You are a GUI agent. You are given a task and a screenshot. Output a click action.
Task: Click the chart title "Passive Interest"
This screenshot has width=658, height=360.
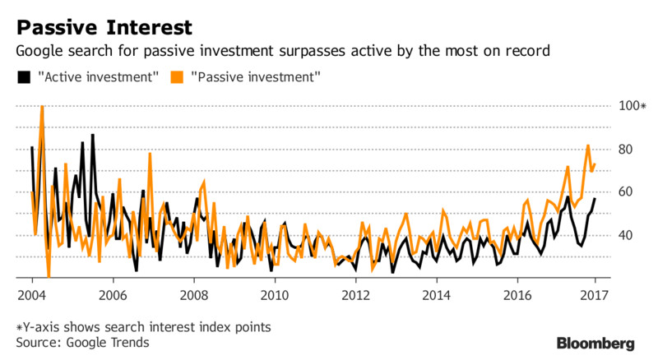pyautogui.click(x=104, y=28)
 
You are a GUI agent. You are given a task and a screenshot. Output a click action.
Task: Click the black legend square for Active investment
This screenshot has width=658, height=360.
pyautogui.click(x=24, y=77)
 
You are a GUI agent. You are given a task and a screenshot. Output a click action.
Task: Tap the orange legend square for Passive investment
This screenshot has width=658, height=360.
pyautogui.click(x=177, y=77)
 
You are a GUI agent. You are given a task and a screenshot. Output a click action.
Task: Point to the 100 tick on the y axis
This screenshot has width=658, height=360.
pyautogui.click(x=628, y=106)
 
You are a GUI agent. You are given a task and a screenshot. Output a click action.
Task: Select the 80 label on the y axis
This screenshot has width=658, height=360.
pyautogui.click(x=625, y=150)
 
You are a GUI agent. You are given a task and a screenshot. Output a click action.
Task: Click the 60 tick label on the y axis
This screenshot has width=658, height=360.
pyautogui.click(x=625, y=192)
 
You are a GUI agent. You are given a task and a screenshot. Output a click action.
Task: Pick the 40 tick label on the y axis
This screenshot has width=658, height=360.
pyautogui.click(x=625, y=235)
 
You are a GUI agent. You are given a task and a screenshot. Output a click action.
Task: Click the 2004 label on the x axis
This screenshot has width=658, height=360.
pyautogui.click(x=32, y=295)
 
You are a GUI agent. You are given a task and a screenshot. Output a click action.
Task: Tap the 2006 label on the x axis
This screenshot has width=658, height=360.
pyautogui.click(x=113, y=295)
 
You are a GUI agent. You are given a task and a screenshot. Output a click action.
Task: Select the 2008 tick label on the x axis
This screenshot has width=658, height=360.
pyautogui.click(x=194, y=295)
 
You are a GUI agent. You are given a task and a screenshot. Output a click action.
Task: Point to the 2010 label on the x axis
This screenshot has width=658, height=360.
pyautogui.click(x=275, y=295)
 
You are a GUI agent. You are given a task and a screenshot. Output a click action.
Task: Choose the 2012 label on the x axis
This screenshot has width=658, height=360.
pyautogui.click(x=356, y=295)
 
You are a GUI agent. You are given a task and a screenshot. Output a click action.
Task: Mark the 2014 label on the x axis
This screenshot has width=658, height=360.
pyautogui.click(x=437, y=295)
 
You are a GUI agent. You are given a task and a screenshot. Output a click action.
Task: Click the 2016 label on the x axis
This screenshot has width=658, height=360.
pyautogui.click(x=517, y=295)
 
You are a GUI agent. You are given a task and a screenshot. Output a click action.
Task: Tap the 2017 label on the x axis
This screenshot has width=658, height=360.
pyautogui.click(x=594, y=295)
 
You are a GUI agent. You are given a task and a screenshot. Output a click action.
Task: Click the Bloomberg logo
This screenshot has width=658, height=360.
pyautogui.click(x=595, y=344)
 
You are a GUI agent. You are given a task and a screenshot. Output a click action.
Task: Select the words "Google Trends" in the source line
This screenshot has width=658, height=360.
pyautogui.click(x=108, y=343)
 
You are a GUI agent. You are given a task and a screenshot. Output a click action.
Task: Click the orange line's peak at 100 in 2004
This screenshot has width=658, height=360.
pyautogui.click(x=42, y=107)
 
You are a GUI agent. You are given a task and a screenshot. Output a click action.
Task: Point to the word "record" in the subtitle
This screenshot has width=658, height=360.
pyautogui.click(x=527, y=51)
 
